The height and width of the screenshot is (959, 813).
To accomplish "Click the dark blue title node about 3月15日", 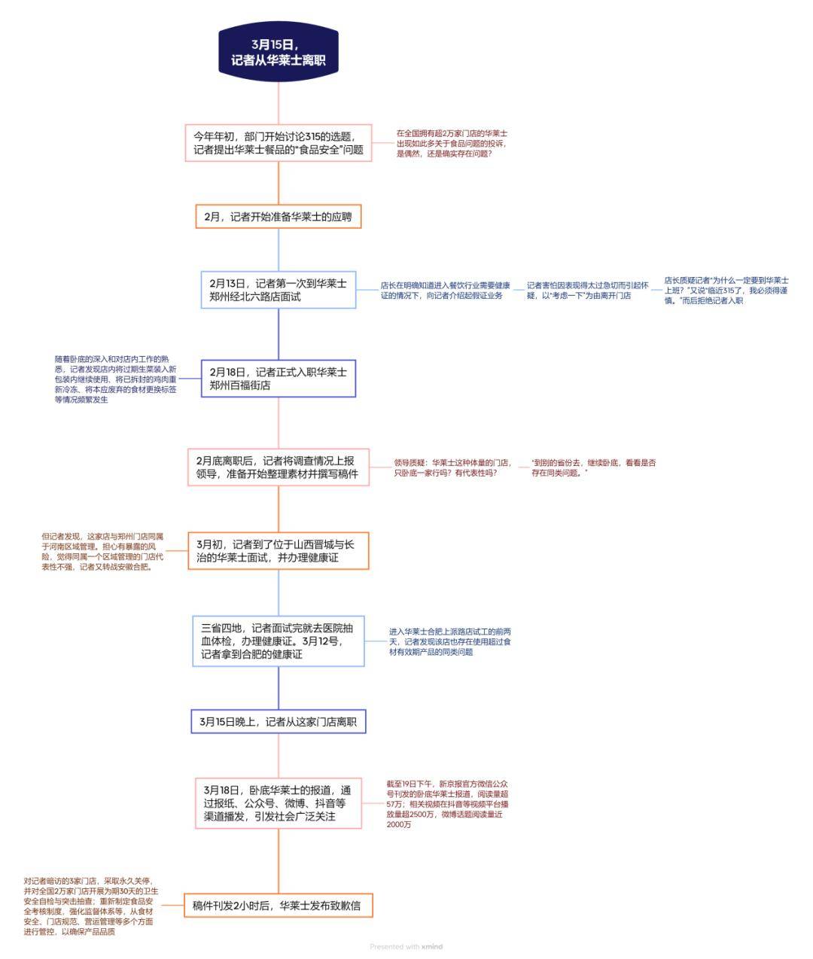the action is pyautogui.click(x=279, y=51).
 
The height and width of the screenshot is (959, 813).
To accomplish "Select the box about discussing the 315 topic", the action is pyautogui.click(x=279, y=143).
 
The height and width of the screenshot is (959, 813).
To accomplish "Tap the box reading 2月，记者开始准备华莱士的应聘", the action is pyautogui.click(x=279, y=217).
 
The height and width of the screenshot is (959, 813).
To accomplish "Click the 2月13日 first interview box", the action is pyautogui.click(x=279, y=290).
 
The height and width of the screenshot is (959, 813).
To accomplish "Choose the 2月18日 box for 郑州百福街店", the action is pyautogui.click(x=279, y=379).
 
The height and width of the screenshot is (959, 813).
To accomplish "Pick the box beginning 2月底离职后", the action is pyautogui.click(x=279, y=467).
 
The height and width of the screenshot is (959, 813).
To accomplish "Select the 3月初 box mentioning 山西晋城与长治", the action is pyautogui.click(x=279, y=551).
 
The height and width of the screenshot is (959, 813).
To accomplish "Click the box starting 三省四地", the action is pyautogui.click(x=279, y=641).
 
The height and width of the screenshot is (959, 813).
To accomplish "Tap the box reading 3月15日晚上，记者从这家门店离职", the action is pyautogui.click(x=279, y=721).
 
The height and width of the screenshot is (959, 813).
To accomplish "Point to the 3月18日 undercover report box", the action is pyautogui.click(x=279, y=803).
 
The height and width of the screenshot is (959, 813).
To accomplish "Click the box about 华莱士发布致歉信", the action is pyautogui.click(x=279, y=906).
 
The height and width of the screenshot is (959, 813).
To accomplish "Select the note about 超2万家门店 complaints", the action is pyautogui.click(x=452, y=143).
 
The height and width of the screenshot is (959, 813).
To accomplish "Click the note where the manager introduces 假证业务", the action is pyautogui.click(x=445, y=291).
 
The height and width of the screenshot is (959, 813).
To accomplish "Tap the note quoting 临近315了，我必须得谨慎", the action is pyautogui.click(x=726, y=291).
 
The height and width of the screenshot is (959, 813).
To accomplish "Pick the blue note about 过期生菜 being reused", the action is pyautogui.click(x=115, y=379).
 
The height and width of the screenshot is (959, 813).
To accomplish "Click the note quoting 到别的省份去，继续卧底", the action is pyautogui.click(x=593, y=467).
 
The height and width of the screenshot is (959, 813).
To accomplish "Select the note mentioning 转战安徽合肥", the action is pyautogui.click(x=102, y=552).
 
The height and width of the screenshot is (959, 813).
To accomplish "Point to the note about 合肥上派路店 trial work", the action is pyautogui.click(x=449, y=641).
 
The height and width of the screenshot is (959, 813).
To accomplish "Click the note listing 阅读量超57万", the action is pyautogui.click(x=447, y=804).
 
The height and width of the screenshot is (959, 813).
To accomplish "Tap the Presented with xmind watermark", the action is pyautogui.click(x=406, y=946).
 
